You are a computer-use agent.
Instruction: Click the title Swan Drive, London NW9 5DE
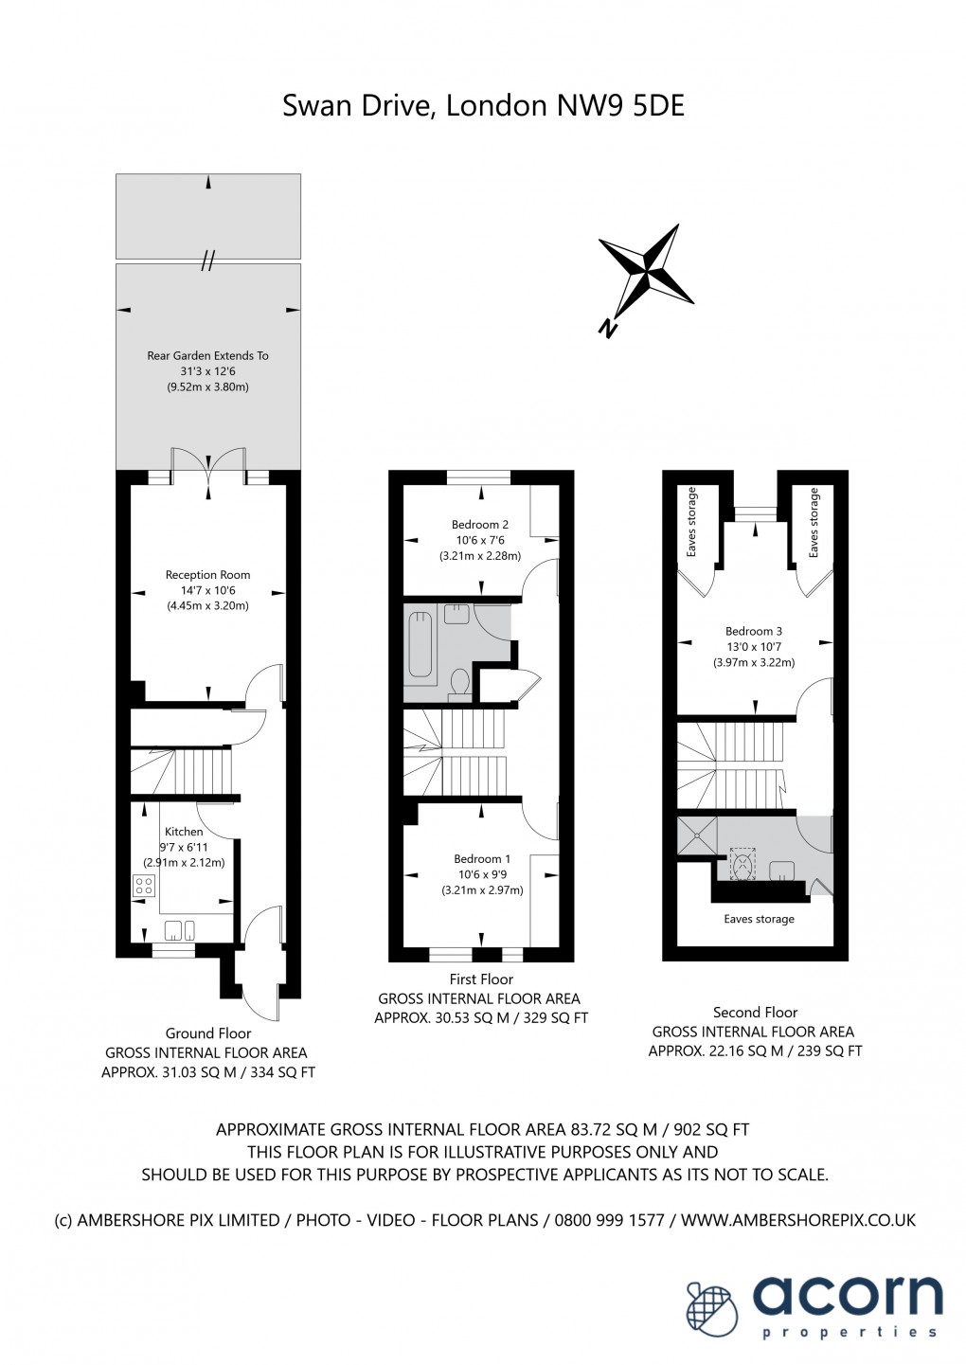(x=483, y=105)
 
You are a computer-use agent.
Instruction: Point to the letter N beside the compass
(x=607, y=329)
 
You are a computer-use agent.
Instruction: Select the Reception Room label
(x=207, y=575)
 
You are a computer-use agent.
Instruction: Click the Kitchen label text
(x=184, y=832)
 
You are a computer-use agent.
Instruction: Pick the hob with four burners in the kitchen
(x=144, y=887)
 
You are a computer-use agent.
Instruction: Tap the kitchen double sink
(x=180, y=928)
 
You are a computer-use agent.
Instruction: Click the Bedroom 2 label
(x=479, y=525)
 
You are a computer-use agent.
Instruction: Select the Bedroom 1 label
(x=481, y=859)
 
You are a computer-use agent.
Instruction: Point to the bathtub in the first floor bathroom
(x=419, y=644)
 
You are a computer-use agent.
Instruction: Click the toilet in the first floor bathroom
(x=459, y=682)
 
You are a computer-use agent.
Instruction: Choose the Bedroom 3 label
(x=754, y=632)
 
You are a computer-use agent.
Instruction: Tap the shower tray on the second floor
(x=697, y=835)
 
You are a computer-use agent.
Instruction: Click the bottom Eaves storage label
(x=759, y=919)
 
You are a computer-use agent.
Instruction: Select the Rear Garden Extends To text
(x=207, y=356)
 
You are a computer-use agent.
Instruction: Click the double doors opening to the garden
(x=208, y=462)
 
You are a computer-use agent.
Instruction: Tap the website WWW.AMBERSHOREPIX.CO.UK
(x=798, y=1220)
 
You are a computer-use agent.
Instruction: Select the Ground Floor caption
(x=208, y=1033)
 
